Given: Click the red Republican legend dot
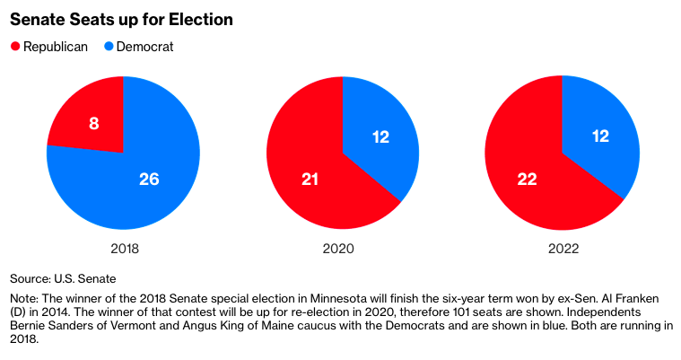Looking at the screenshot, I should [15, 46].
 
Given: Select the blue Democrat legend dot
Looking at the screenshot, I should [109, 46].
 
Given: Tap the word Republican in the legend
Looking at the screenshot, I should [56, 46].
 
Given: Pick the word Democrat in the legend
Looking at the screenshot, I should [145, 46].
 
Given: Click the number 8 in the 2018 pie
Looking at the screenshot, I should [93, 123].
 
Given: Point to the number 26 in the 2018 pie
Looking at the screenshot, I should [149, 180].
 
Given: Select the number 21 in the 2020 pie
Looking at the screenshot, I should [310, 180].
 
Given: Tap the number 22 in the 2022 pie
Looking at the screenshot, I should [527, 180].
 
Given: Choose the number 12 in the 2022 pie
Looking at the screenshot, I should [600, 136].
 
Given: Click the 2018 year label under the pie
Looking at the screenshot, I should [123, 249].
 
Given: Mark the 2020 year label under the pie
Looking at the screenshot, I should [342, 249].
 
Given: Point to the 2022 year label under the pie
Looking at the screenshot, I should [562, 249].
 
